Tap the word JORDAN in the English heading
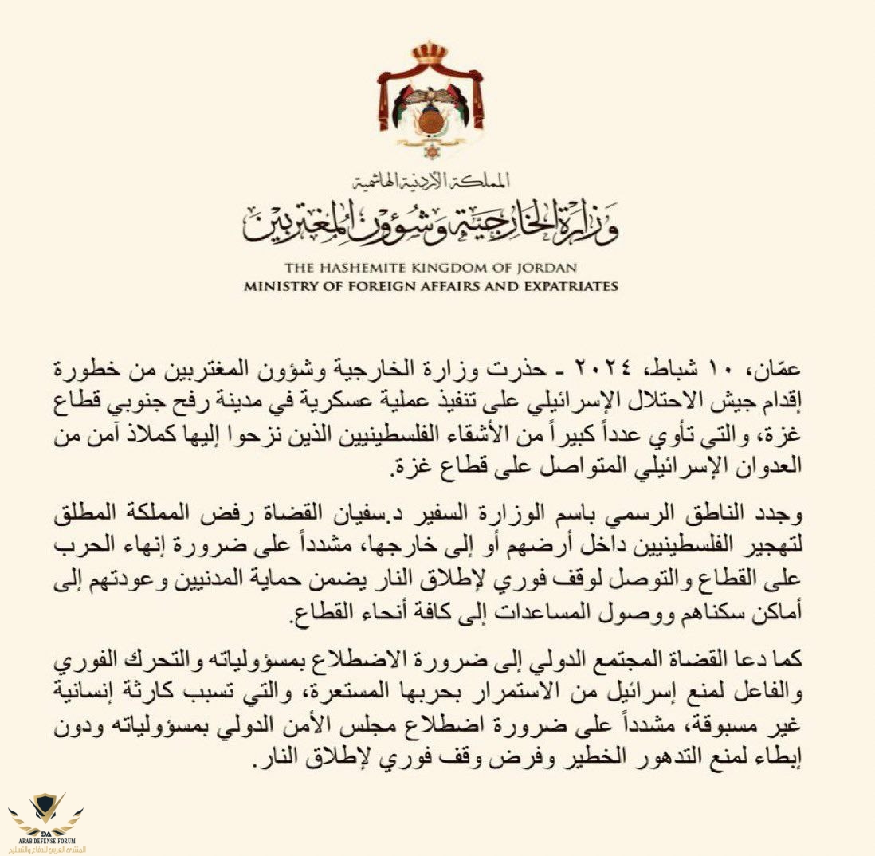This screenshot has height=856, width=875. (x=547, y=268)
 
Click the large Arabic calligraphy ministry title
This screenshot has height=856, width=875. (x=431, y=222)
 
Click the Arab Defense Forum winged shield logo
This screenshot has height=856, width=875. (x=45, y=812)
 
